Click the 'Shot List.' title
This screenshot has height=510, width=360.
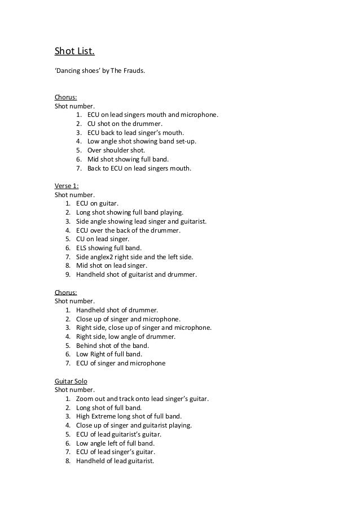point(74,53)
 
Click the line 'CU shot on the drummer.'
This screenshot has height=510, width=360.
point(125,124)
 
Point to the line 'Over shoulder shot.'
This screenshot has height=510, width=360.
point(116,150)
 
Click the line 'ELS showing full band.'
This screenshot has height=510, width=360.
point(109,248)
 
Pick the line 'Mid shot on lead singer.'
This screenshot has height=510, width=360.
point(111,265)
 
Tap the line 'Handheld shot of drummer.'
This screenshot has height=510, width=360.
point(117,310)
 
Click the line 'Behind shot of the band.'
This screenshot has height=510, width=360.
point(112,346)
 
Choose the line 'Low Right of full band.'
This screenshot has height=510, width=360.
point(109,354)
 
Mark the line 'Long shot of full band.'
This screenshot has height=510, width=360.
point(109,408)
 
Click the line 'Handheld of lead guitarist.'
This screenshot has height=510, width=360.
point(115,461)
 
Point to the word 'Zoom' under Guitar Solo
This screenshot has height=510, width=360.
point(85,399)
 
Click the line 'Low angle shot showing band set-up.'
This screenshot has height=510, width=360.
point(142,141)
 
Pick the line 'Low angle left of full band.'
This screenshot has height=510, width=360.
point(115,443)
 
